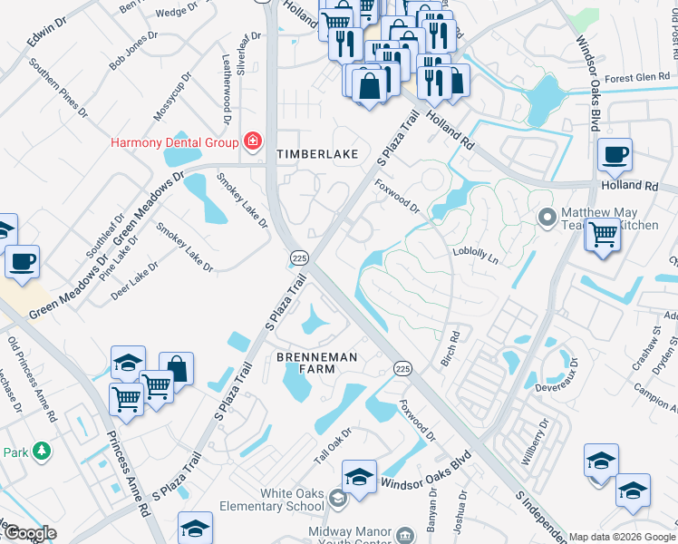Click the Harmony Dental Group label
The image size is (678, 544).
[174, 142]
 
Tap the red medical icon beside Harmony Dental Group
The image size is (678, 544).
[251, 142]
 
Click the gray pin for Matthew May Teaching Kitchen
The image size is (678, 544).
[547, 218]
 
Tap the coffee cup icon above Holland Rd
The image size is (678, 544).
[615, 155]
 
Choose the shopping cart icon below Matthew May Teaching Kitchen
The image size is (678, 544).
[603, 235]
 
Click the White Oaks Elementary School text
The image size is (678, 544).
[292, 500]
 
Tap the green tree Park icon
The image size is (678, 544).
[40, 451]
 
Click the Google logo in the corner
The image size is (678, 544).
[29, 534]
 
